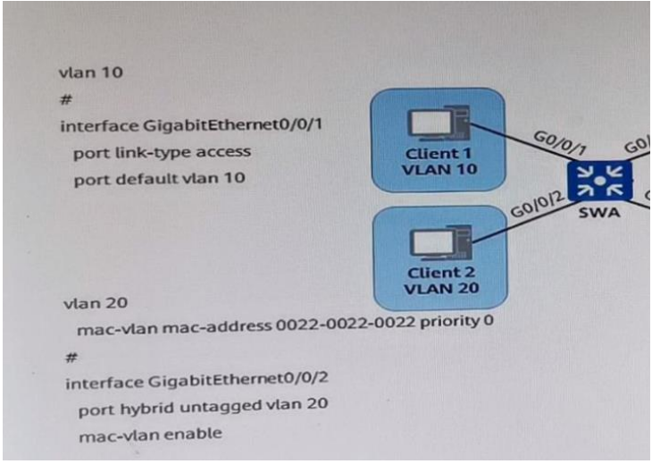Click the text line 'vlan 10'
coord(90,73)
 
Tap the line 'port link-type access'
coord(162,152)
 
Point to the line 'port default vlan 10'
coord(159,178)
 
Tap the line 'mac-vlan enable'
coord(150,434)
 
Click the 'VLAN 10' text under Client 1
coord(441,170)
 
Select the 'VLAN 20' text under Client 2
coord(441,288)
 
